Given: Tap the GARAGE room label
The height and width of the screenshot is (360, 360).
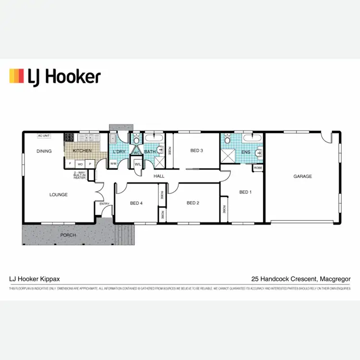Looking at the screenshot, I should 302,177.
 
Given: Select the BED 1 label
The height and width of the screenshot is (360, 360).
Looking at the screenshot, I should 245,192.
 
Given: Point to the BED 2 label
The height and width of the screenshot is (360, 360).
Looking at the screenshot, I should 192,203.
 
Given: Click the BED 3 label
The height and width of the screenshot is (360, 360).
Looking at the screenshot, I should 197,151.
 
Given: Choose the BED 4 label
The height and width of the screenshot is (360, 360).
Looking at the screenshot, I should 136,203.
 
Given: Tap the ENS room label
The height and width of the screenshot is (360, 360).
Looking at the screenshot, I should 246,153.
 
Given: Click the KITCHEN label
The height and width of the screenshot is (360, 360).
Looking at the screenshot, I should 82,151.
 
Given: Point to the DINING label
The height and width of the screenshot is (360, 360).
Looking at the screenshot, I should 44,151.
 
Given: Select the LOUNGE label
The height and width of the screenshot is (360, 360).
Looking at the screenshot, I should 59,195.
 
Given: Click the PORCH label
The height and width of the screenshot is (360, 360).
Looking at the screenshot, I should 67,236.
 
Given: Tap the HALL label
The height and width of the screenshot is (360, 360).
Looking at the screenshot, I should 159,177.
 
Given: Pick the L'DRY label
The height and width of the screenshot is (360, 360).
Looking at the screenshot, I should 119,152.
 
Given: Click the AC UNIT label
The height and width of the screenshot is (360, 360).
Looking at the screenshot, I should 44,136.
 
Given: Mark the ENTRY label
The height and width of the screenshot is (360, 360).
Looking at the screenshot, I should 104,204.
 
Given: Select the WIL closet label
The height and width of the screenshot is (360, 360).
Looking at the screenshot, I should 137,164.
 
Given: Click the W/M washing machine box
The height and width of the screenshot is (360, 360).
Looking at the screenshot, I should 113,164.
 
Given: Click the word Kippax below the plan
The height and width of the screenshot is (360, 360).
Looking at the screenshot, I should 49,278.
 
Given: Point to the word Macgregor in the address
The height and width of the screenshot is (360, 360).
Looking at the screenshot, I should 334,278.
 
